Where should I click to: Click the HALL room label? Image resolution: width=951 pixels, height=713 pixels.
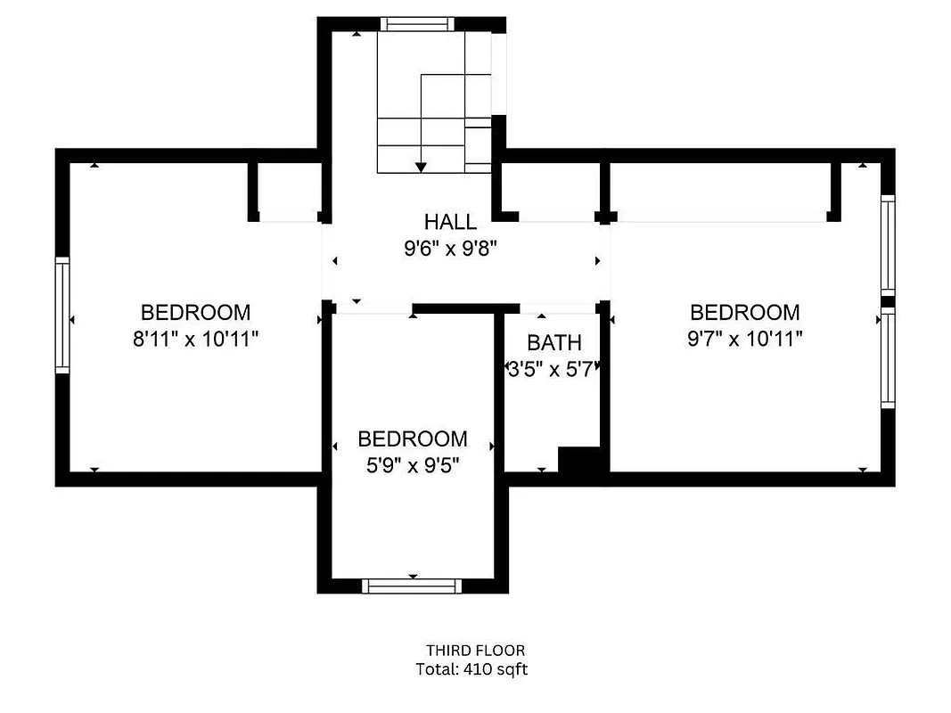click(x=450, y=222)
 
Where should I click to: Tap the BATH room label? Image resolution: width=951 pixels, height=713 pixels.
click(x=553, y=342)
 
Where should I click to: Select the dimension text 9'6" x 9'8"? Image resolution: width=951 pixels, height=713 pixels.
click(x=450, y=249)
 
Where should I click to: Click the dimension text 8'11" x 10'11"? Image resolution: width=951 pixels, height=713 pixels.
click(x=195, y=340)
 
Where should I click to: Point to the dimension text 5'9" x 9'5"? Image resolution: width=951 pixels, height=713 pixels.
click(x=412, y=465)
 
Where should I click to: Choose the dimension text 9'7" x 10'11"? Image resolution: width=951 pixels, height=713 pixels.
click(x=744, y=340)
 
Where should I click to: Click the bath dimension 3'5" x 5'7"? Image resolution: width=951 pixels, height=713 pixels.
click(x=551, y=368)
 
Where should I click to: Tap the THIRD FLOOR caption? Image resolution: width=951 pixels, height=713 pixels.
click(x=474, y=651)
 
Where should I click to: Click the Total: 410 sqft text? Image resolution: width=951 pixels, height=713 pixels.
click(x=471, y=669)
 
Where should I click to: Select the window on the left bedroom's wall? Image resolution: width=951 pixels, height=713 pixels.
click(x=62, y=315)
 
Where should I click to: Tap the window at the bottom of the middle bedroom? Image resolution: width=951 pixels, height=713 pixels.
click(x=412, y=586)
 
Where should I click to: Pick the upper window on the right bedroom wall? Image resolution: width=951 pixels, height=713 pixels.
click(x=887, y=245)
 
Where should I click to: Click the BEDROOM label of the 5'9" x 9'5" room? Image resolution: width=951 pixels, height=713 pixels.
click(x=412, y=439)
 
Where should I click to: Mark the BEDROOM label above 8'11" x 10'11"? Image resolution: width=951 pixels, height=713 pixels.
click(x=195, y=313)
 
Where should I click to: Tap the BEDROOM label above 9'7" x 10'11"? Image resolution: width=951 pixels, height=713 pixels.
click(x=744, y=313)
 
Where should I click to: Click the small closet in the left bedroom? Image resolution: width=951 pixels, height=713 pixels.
click(x=285, y=189)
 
